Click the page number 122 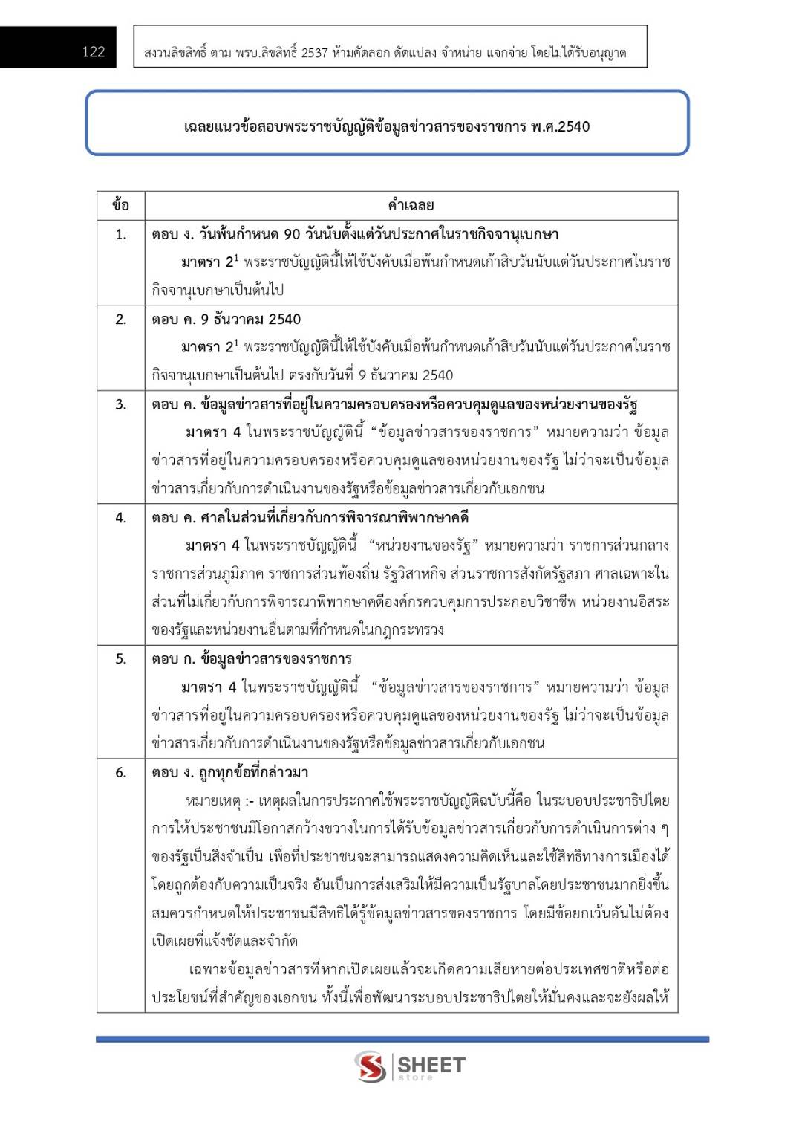click(94, 51)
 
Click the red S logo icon click(370, 1066)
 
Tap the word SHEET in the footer click(431, 1065)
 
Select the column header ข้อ click(120, 205)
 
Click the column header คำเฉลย click(411, 205)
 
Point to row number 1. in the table click(120, 235)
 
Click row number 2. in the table click(120, 320)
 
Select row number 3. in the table click(120, 405)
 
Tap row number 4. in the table click(120, 518)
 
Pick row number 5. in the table click(120, 659)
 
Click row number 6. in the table click(120, 773)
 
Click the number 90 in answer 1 click(292, 235)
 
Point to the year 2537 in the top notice click(314, 53)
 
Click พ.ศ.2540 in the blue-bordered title click(560, 126)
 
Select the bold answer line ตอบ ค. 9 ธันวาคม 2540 click(226, 320)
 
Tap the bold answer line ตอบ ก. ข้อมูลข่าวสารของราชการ click(252, 659)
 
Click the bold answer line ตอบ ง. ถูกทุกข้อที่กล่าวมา click(230, 773)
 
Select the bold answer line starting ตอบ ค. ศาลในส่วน click(310, 518)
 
